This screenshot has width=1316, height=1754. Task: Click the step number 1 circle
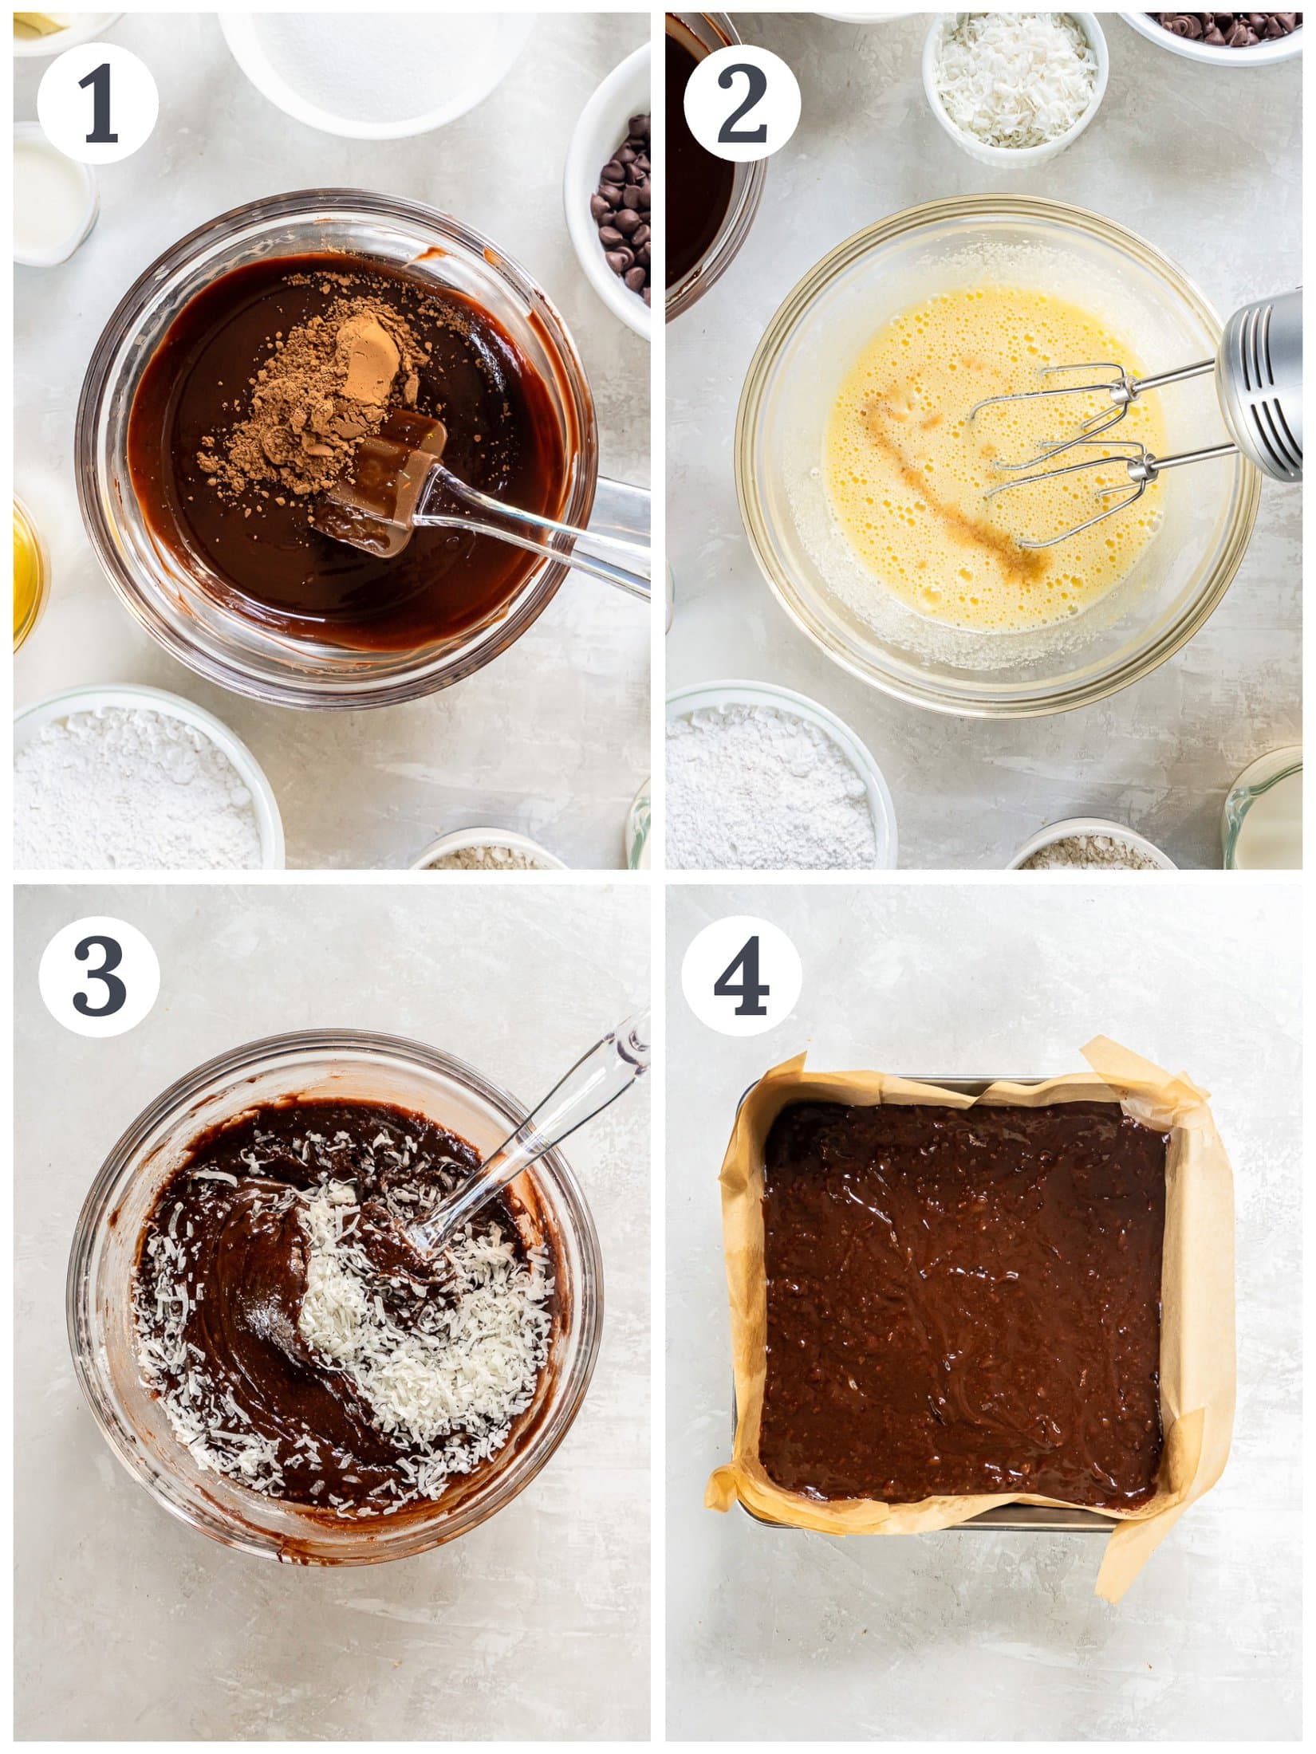pos(97,104)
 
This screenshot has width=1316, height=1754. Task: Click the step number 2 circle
pos(741,104)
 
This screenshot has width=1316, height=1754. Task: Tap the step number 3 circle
pos(99,976)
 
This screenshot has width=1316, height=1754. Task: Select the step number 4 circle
pos(741,976)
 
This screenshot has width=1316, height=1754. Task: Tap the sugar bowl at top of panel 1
pos(375,64)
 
